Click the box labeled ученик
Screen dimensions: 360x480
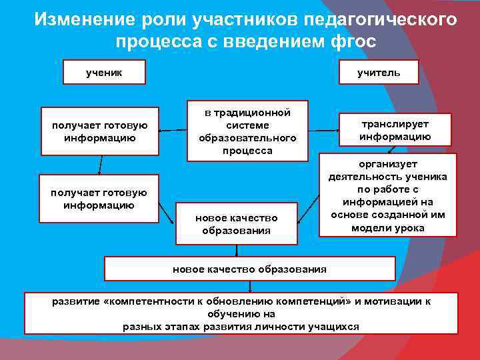104,72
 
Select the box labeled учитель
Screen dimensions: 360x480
379,72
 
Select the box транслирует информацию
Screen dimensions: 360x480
395,130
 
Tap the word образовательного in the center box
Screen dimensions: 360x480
247,138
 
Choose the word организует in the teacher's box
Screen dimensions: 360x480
388,164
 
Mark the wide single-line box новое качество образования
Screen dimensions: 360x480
249,269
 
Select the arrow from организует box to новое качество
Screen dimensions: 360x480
307,213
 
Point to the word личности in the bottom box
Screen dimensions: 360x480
275,327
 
